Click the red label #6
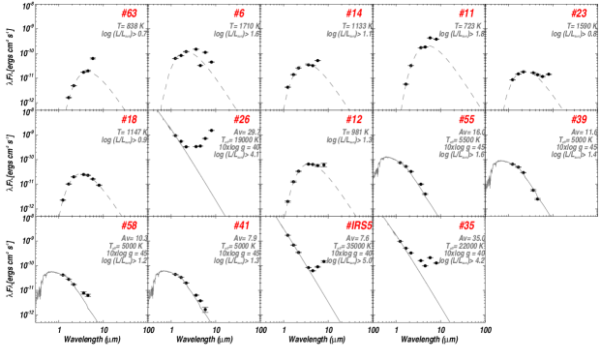(239, 14)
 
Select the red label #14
(353, 14)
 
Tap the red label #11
(466, 14)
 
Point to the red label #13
(129, 119)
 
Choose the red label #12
(353, 119)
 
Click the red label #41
(241, 225)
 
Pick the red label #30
(579, 119)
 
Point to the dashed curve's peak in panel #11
(429, 45)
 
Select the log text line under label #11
(462, 34)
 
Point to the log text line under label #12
(349, 139)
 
